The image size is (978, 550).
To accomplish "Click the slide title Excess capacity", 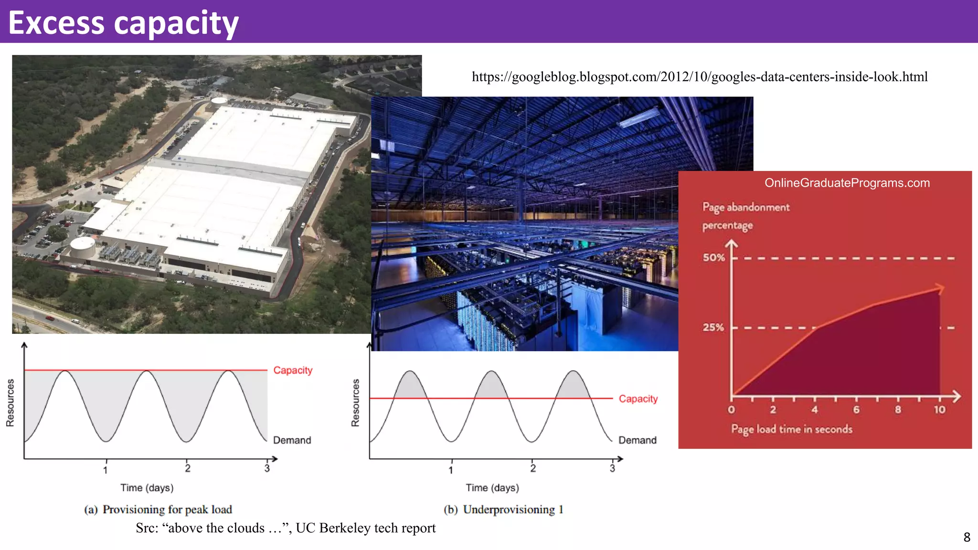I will coord(123,23).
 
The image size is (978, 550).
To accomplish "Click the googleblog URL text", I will coord(700,77).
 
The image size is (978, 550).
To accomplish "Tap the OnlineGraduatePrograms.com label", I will coord(847,183).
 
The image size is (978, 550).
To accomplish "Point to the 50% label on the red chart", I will coord(713,258).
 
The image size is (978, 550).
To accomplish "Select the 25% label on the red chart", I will coord(713,328).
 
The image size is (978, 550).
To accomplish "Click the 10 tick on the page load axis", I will coord(939,410).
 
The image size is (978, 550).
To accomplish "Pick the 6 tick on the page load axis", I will coord(856,410).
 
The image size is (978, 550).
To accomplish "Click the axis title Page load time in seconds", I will coord(791,429).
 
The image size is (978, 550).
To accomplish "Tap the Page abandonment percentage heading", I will coord(745,216).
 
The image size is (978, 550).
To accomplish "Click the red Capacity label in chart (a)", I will coord(293,370).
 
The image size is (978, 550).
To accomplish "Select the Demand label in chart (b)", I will coord(637,440).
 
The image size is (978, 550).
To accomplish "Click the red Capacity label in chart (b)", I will coord(638,399).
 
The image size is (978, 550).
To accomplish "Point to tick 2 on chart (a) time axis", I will coord(188,468).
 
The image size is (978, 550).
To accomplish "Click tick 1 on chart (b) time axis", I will coord(451,470).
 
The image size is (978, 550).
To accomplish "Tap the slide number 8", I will coord(967,538).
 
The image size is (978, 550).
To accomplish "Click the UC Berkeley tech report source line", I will coord(286,528).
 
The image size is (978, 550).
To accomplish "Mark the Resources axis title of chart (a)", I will coord(10,402).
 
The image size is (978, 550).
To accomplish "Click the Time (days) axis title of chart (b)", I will coord(492,488).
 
